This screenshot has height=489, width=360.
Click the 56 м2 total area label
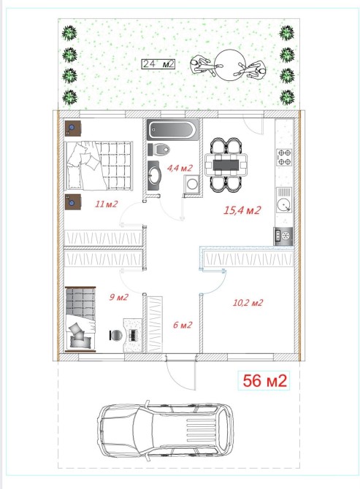tap(264, 380)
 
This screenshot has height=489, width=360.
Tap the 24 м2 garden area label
tap(158, 64)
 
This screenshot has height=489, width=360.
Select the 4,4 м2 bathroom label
tap(180, 168)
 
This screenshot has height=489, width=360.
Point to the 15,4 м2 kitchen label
tap(242, 210)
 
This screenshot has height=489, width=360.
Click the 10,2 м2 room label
tap(248, 302)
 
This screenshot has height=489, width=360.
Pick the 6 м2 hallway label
tap(183, 325)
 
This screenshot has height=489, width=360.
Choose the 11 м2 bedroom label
tap(107, 204)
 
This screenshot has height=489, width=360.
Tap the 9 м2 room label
tap(118, 297)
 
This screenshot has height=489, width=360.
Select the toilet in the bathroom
tap(159, 149)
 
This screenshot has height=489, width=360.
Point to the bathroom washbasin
tap(153, 175)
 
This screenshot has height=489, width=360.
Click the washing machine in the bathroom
tap(191, 183)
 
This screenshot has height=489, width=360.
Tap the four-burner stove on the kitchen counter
tap(284, 157)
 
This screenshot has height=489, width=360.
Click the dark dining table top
tap(226, 165)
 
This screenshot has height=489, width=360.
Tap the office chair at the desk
tap(116, 335)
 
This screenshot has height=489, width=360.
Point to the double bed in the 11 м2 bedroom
tap(99, 165)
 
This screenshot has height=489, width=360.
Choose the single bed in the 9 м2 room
tap(80, 318)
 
